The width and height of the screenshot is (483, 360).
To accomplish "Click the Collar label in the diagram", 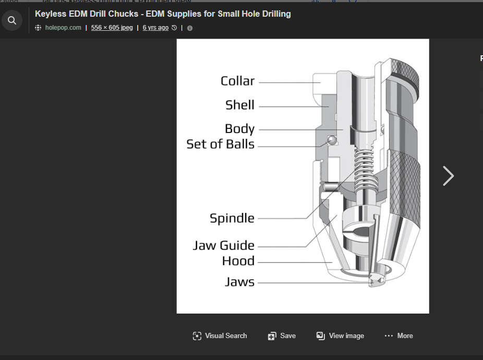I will click(237, 81).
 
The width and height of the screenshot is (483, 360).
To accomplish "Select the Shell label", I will click(239, 105).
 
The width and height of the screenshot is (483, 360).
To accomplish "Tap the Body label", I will click(239, 129).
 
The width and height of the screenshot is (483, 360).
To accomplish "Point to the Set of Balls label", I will click(220, 145).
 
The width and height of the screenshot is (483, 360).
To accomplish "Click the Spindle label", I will click(232, 218).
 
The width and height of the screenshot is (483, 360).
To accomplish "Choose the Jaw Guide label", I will click(223, 245).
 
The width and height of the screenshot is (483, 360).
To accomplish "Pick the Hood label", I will click(238, 261).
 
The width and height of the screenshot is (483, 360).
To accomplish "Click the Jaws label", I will click(239, 282).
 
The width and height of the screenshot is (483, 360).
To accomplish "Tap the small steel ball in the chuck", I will click(330, 139).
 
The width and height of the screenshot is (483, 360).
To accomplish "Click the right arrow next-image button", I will click(448, 176).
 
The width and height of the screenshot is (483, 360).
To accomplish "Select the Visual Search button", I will click(220, 336).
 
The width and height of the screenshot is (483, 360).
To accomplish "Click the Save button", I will click(282, 336).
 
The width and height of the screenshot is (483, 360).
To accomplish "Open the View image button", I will click(340, 336).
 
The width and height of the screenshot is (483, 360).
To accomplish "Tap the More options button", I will click(399, 336).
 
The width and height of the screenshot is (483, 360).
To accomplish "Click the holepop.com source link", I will click(63, 28).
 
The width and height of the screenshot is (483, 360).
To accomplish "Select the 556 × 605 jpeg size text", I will click(112, 28).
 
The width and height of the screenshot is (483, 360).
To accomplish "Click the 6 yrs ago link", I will click(155, 28).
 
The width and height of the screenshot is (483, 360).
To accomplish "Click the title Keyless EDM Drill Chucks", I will click(163, 14).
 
